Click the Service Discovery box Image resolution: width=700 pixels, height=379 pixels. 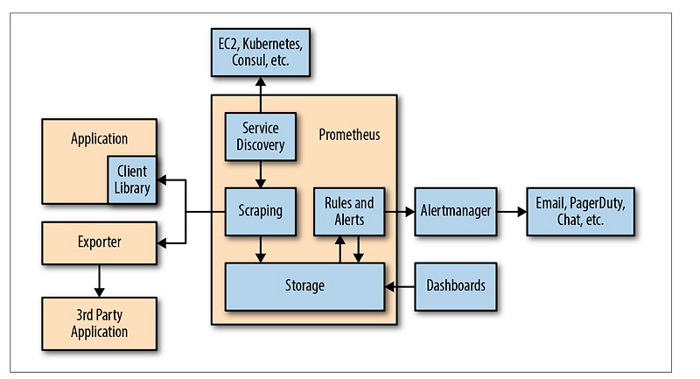[260, 137]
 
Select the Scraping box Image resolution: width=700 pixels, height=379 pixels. [260, 211]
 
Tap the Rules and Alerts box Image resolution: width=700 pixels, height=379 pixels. [349, 211]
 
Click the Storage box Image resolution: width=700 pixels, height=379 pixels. [304, 285]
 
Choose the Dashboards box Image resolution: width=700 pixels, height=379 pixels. [455, 285]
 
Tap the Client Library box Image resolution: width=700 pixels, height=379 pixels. [132, 180]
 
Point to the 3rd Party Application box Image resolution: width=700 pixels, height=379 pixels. [99, 323]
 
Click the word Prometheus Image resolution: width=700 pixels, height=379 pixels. [349, 138]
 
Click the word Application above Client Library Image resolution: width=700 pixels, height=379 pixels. [99, 138]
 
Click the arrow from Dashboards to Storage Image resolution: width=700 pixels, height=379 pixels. [400, 285]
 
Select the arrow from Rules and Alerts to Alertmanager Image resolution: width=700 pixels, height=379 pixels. [400, 211]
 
